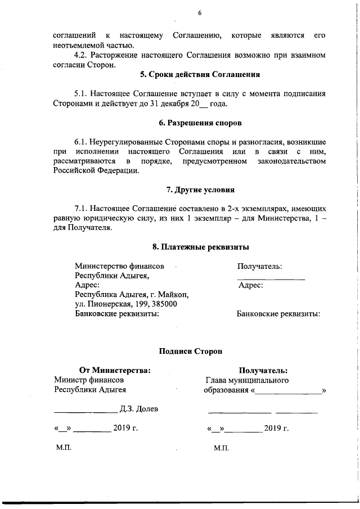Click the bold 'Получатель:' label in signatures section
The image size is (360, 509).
coord(263,370)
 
